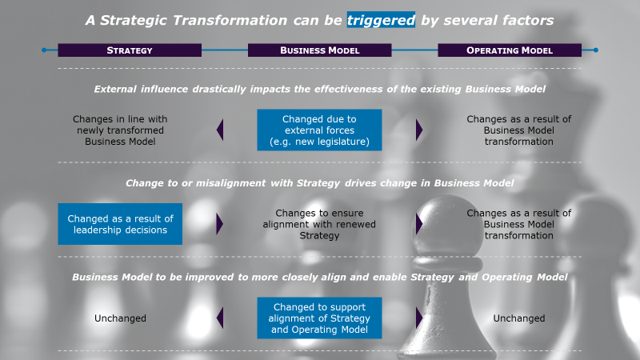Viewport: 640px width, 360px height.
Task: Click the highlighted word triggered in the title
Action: (381, 20)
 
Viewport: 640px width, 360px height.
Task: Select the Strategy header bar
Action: (130, 50)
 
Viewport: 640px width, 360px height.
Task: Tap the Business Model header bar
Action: (319, 50)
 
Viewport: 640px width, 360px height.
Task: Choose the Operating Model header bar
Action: (510, 50)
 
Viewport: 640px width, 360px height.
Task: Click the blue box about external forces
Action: (319, 130)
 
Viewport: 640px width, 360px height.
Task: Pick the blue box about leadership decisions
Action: (120, 224)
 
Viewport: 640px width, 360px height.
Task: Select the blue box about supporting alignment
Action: (319, 318)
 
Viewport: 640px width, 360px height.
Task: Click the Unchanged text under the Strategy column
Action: (120, 318)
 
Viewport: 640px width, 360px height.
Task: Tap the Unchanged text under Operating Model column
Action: (518, 318)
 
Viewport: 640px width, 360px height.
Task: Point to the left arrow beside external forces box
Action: (220, 130)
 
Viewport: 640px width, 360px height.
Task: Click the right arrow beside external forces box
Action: (419, 130)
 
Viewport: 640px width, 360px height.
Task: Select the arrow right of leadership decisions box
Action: (220, 224)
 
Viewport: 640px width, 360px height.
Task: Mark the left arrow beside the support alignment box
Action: (220, 318)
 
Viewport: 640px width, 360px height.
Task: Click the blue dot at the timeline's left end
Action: (44, 50)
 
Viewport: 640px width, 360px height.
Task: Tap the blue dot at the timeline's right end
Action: (595, 50)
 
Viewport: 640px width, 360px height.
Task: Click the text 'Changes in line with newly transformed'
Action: (120, 125)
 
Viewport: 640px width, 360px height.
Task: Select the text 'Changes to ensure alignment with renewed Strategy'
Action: (319, 224)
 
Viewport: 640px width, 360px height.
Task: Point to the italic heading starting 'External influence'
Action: (319, 89)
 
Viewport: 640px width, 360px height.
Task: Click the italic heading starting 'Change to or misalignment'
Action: (319, 183)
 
